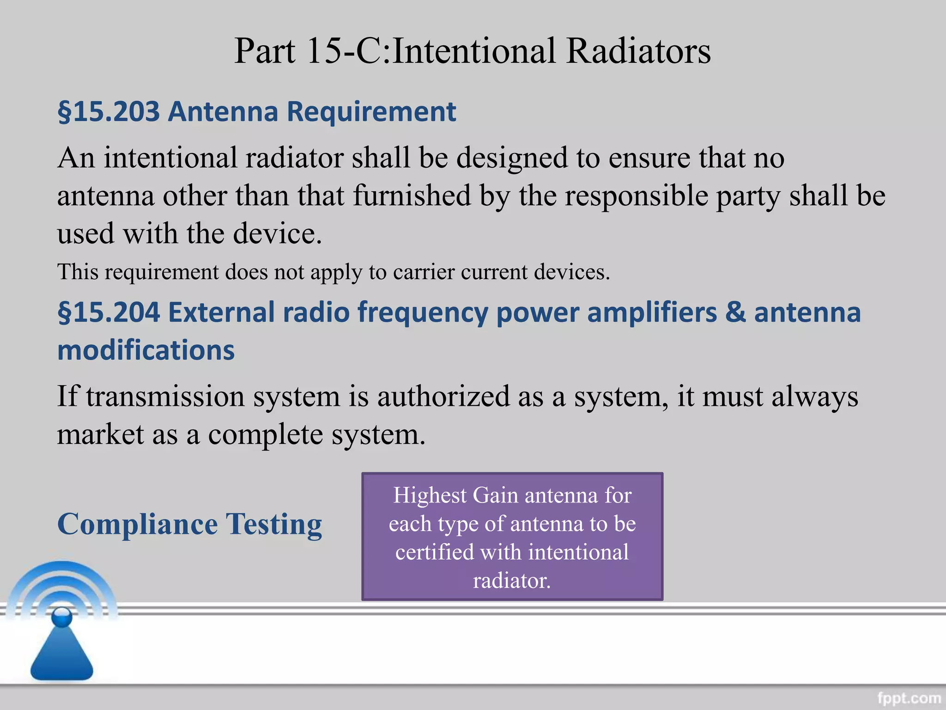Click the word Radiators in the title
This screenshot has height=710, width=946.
tap(638, 51)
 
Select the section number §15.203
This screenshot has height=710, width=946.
tap(109, 112)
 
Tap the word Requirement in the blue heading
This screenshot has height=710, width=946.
tap(371, 112)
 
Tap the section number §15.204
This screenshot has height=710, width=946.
tap(109, 312)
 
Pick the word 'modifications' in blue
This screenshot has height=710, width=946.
tap(146, 350)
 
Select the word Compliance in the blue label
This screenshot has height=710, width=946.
tap(137, 524)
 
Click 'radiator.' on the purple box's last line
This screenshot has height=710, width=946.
tap(512, 581)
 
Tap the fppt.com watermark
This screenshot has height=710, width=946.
tap(909, 697)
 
